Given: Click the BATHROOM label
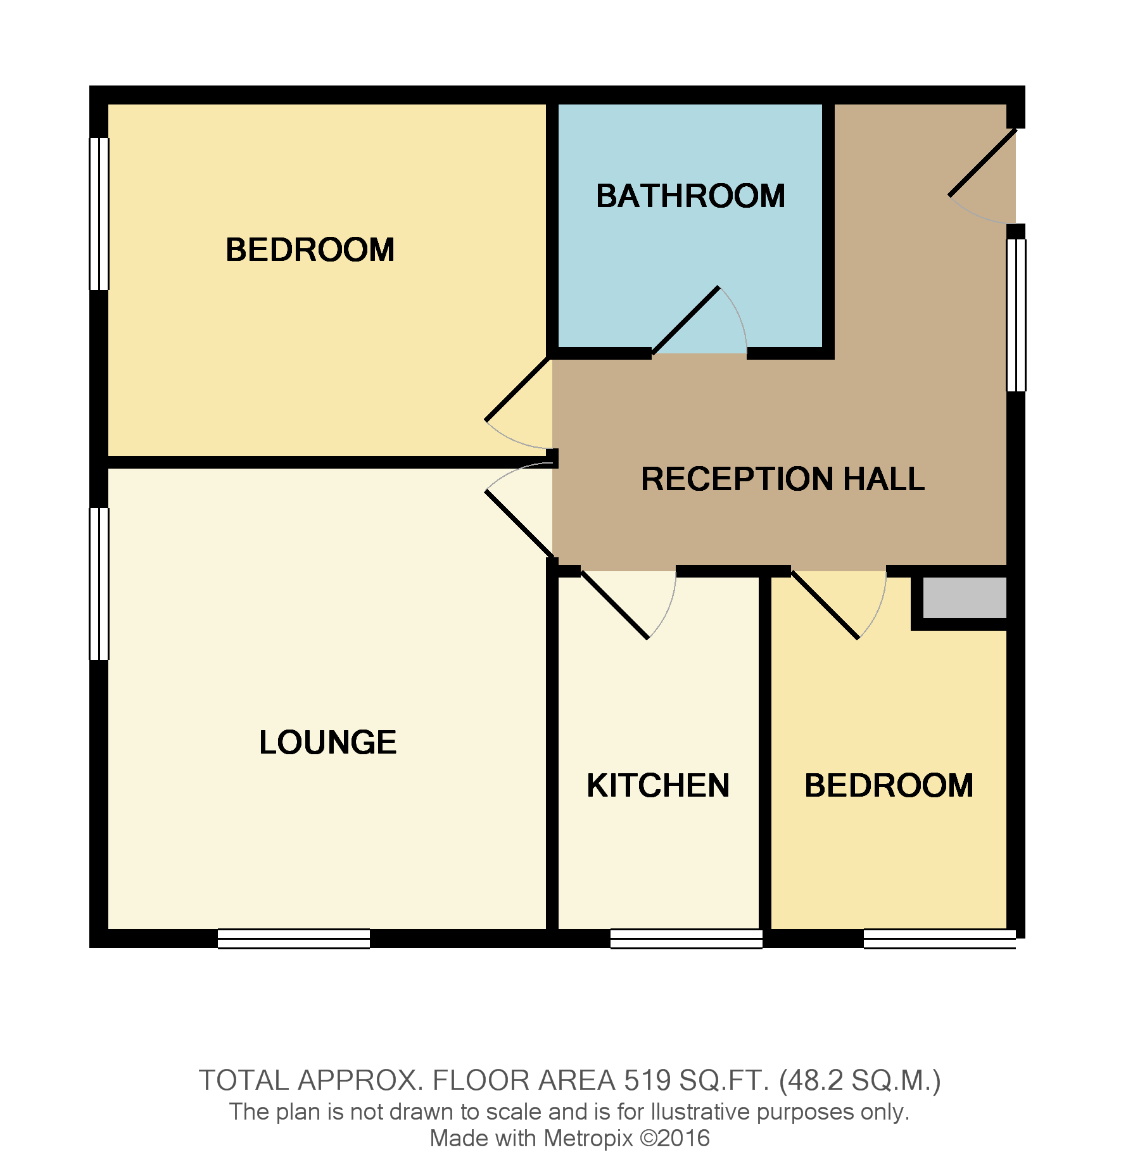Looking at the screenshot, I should click(x=690, y=196).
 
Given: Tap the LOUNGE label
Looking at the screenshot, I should click(x=327, y=742).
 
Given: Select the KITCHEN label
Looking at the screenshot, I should click(x=658, y=785).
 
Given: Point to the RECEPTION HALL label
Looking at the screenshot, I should click(x=783, y=479).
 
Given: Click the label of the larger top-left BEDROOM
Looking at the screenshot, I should click(x=310, y=250).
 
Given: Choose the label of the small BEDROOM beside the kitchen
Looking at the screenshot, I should click(x=889, y=785).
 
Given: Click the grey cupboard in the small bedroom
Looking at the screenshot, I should click(x=964, y=597).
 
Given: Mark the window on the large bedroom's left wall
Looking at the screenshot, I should click(x=99, y=214).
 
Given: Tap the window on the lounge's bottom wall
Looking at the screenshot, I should click(x=294, y=939).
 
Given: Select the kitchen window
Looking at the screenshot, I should click(x=686, y=939).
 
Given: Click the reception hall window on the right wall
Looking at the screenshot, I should click(x=1016, y=315).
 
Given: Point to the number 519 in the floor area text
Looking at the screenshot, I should click(x=647, y=1081).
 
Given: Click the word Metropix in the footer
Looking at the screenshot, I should click(x=588, y=1138).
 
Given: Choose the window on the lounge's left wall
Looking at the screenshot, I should click(x=99, y=584).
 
